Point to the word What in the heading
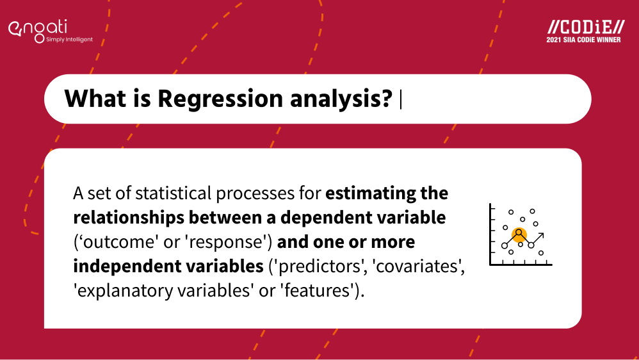(x=90, y=99)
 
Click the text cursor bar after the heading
(x=401, y=99)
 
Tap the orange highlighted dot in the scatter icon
(x=519, y=234)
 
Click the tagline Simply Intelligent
(x=69, y=40)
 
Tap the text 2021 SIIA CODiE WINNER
(x=585, y=40)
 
